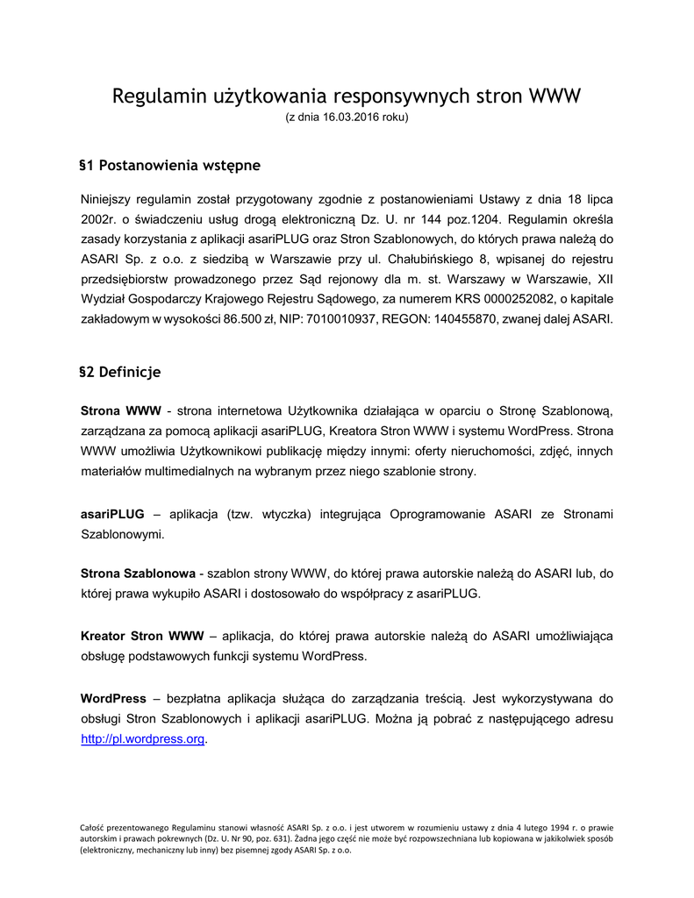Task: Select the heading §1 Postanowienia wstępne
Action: (169, 165)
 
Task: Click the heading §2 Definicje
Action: (119, 372)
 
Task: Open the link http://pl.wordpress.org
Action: (142, 738)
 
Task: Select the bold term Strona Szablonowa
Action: (138, 574)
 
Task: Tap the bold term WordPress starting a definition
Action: (113, 699)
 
